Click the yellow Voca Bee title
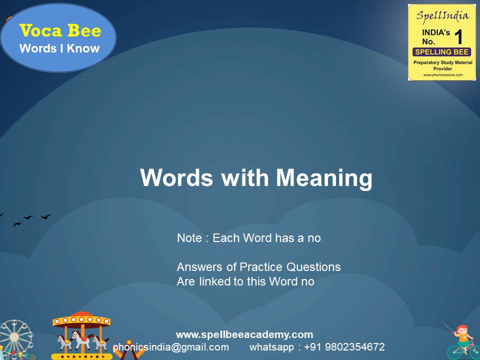point(60,31)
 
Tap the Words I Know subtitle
point(59,48)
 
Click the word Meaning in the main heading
point(324,178)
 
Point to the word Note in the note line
point(190,238)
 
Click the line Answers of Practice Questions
point(258,267)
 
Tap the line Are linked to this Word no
point(245,281)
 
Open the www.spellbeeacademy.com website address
point(244,334)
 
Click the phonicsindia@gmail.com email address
point(171,347)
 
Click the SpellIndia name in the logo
point(441,15)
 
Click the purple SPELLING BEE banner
point(441,52)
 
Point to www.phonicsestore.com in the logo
point(441,75)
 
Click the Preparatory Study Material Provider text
point(441,65)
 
